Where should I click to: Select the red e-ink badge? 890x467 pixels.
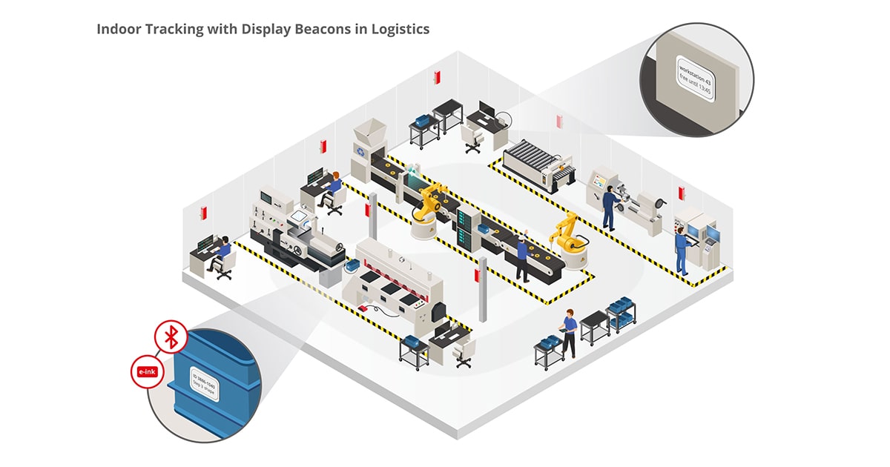pyautogui.click(x=146, y=371)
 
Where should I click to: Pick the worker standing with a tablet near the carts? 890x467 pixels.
pyautogui.click(x=569, y=332)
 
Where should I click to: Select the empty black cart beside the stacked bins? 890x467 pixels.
pyautogui.click(x=594, y=327)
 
